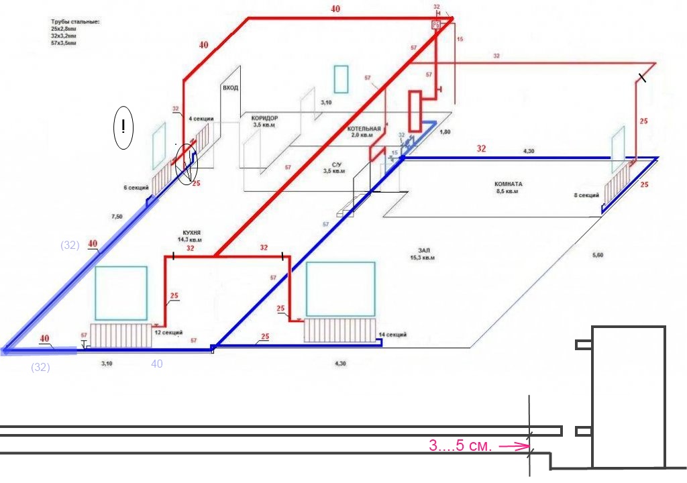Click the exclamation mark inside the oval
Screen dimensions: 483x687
(x=123, y=127)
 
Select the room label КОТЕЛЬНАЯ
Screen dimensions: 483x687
(x=364, y=128)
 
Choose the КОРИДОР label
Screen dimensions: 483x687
(x=260, y=118)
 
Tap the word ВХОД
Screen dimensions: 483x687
(x=230, y=88)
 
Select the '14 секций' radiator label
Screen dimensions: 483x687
(x=392, y=334)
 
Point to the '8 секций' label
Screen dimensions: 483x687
(x=586, y=195)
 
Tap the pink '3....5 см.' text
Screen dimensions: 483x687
(x=461, y=445)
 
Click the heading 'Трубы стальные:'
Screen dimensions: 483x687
(x=75, y=22)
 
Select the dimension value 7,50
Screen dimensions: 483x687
(x=117, y=217)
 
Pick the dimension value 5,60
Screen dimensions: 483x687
(x=598, y=255)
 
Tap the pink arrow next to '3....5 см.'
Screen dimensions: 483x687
(x=513, y=445)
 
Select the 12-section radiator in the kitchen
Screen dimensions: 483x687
(x=120, y=335)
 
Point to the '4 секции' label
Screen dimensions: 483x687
(x=201, y=119)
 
